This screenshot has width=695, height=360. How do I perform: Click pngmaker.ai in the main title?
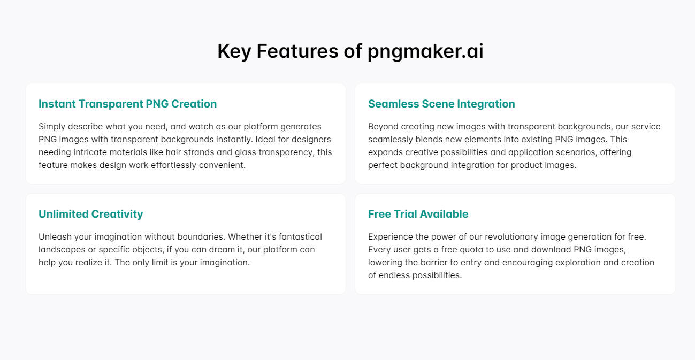coord(425,51)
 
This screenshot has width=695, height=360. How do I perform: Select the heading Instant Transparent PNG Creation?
coord(127,104)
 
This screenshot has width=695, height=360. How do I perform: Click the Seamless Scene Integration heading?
coord(441,104)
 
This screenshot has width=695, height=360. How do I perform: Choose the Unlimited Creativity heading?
coord(90,214)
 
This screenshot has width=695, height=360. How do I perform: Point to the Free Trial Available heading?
coord(418,214)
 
